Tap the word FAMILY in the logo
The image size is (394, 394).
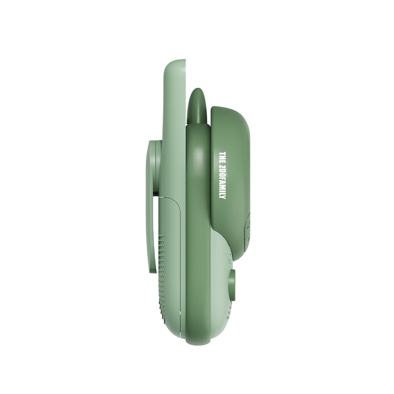(x=222, y=188)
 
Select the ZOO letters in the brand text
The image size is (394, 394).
(x=222, y=170)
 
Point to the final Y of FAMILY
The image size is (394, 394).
(x=222, y=197)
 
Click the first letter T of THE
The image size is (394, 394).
(x=222, y=154)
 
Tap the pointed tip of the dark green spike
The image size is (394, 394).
(x=197, y=90)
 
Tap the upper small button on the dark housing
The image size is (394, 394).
(x=247, y=222)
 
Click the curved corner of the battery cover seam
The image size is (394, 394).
(x=178, y=202)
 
